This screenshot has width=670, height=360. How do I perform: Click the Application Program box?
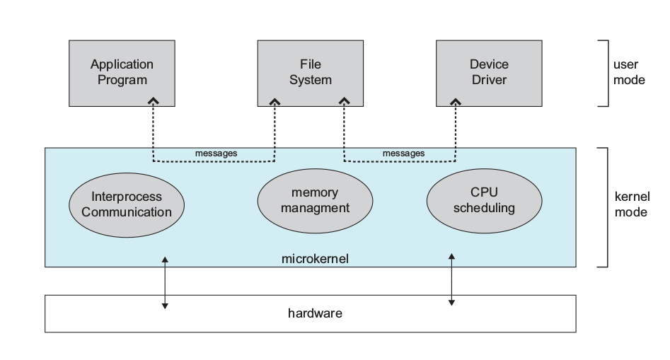122,72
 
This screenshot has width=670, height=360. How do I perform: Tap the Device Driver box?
489,72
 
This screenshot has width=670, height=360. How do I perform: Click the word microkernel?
315,260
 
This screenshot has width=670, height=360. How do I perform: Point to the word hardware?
315,312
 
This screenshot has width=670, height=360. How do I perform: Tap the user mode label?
628,72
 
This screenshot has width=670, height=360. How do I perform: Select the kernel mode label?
630,203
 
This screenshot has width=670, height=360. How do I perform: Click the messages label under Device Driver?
403,153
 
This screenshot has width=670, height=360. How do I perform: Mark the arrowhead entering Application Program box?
153,102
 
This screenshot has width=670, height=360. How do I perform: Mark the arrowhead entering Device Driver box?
456,102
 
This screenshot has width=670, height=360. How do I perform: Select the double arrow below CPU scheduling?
451,279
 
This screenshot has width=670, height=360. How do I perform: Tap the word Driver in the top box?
489,80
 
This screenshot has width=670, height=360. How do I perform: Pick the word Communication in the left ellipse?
126,211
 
